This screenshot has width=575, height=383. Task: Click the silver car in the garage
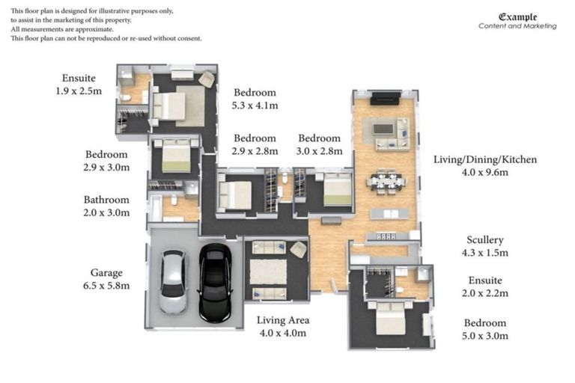point(173,282)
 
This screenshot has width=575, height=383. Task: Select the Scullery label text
point(484,240)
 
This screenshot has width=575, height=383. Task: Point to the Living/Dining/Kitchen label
point(484,159)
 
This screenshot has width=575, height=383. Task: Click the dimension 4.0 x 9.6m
point(484,172)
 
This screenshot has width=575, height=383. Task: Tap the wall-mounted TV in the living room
point(386,97)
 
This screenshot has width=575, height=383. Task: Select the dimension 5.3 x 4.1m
point(255,105)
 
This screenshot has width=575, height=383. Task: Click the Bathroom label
point(106,200)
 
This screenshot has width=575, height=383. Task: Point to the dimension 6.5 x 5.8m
point(106,286)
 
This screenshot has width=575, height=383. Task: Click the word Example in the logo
point(517,16)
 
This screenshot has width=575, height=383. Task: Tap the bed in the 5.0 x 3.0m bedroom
point(390,320)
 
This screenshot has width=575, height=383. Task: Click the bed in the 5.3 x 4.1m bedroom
point(169,105)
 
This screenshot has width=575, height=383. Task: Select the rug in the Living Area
point(268,271)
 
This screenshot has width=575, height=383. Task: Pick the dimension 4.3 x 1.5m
point(484,253)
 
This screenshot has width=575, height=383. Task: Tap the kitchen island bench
point(389,214)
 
